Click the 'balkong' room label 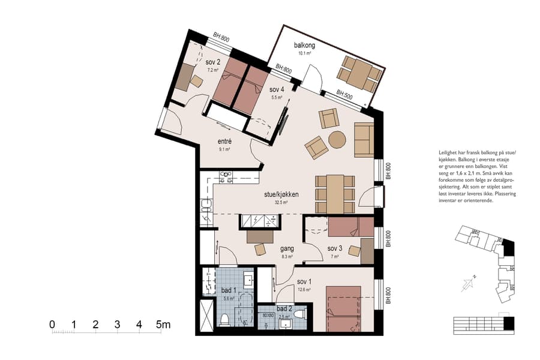pyautogui.click(x=304, y=46)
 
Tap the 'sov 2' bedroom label pyautogui.click(x=213, y=62)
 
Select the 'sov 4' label pyautogui.click(x=276, y=90)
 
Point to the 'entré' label pyautogui.click(x=224, y=142)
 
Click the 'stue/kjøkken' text pyautogui.click(x=281, y=194)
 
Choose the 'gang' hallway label pyautogui.click(x=287, y=248)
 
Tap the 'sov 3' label pyautogui.click(x=335, y=248)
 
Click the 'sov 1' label pyautogui.click(x=304, y=281)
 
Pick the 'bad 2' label pyautogui.click(x=284, y=308)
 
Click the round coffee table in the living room pyautogui.click(x=337, y=139)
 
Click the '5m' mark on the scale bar pyautogui.click(x=163, y=325)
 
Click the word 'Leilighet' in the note pyautogui.click(x=449, y=154)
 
